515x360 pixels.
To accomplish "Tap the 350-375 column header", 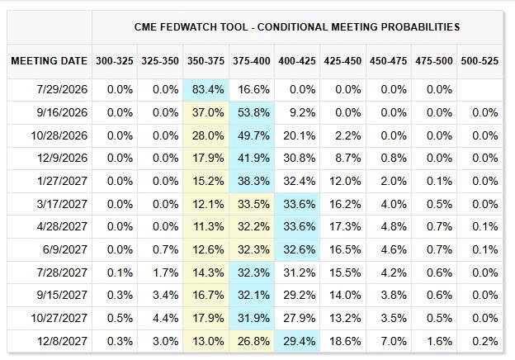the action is coord(206,61).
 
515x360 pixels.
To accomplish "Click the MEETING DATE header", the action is coord(50,61).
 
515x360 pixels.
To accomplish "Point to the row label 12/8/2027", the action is coord(62,341).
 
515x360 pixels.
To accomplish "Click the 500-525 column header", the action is coord(480,61).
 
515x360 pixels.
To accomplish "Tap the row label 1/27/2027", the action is coord(62,181).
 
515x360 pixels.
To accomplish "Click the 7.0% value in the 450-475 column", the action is coord(394,341).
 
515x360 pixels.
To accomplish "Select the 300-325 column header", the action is coord(114,61).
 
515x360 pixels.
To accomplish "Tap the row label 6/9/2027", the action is coord(65,249).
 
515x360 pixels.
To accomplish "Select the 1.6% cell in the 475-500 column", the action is coord(439,341).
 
